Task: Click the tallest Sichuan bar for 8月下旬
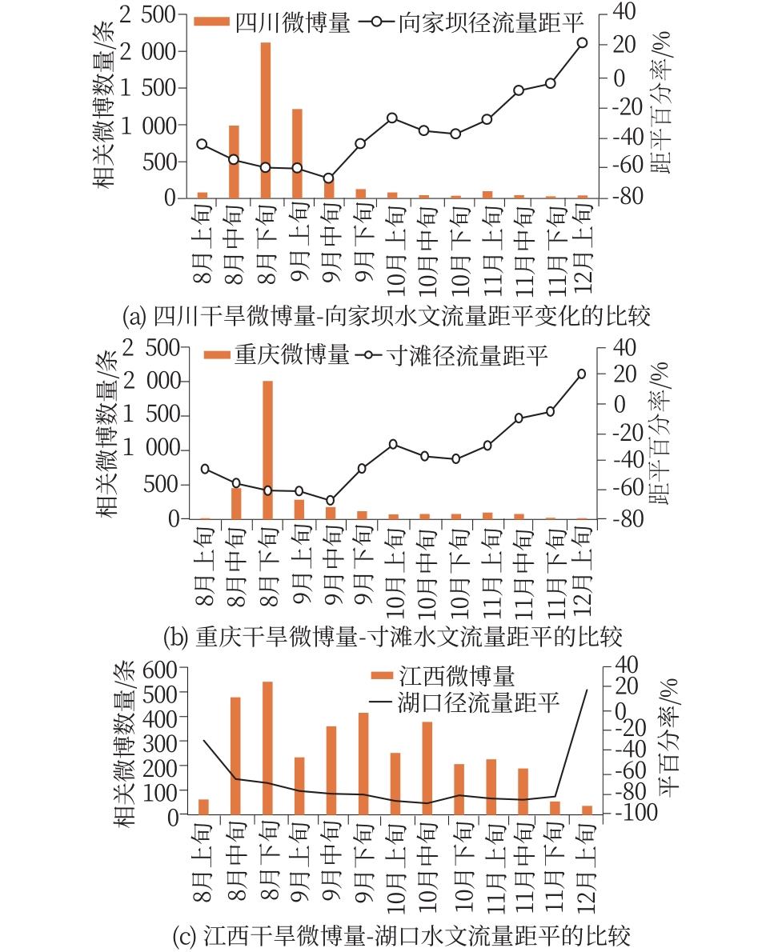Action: [x=266, y=120]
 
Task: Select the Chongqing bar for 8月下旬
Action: [x=267, y=450]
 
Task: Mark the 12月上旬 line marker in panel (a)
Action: [x=582, y=43]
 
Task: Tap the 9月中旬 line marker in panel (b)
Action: [x=330, y=500]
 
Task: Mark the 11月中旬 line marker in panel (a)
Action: [x=519, y=90]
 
